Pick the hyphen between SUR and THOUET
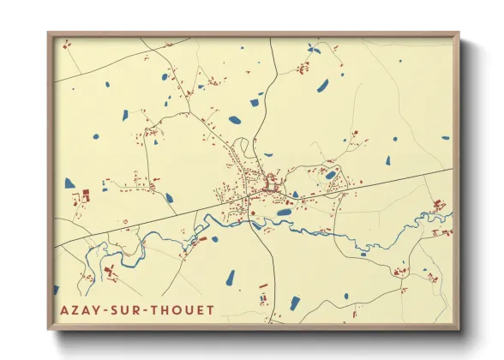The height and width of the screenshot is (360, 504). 143,309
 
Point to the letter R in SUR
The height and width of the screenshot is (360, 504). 135,309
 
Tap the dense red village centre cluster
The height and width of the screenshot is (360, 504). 271,183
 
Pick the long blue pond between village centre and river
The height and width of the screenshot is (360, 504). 284,212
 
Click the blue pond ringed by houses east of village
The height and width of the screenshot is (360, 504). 331,175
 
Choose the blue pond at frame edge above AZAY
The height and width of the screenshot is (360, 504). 57,289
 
